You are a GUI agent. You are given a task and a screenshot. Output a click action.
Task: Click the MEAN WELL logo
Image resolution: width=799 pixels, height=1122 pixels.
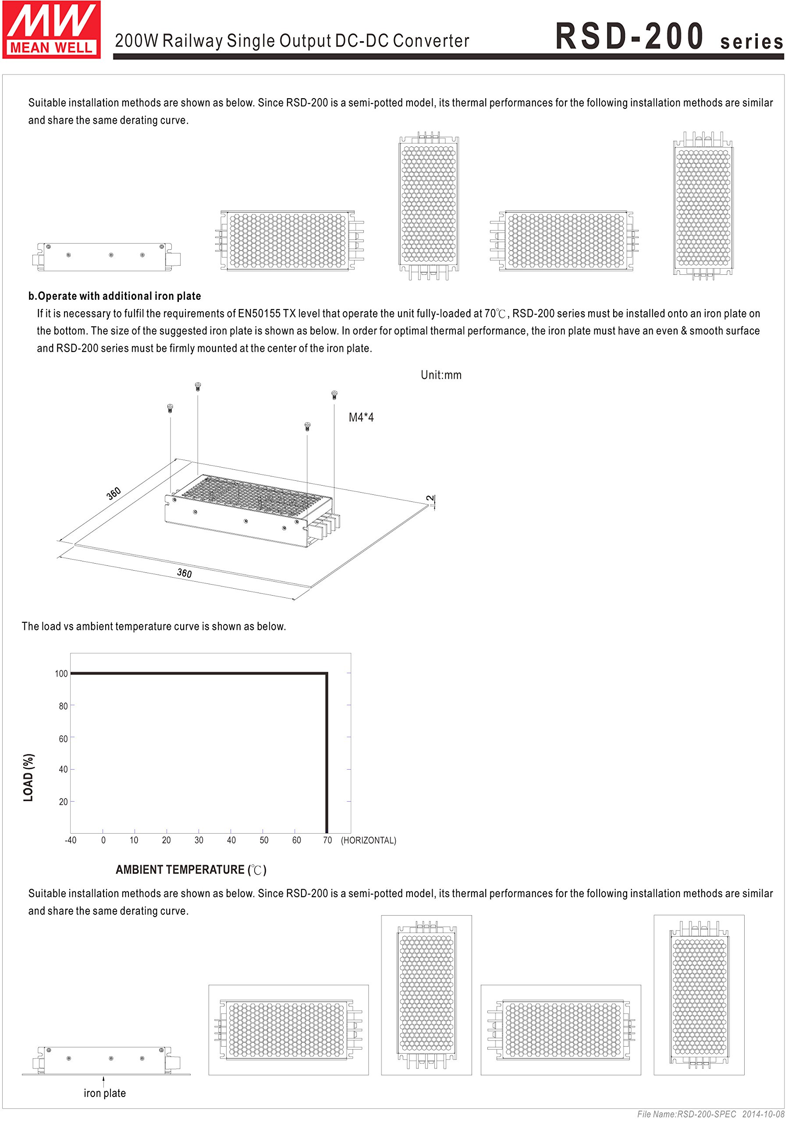[52, 30]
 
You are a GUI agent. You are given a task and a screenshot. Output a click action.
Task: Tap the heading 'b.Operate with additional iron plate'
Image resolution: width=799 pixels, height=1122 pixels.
[116, 300]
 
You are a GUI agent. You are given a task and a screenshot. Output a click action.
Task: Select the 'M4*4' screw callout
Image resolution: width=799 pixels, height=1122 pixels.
[366, 423]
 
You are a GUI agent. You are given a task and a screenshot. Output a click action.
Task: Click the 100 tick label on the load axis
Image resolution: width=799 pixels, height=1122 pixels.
[62, 683]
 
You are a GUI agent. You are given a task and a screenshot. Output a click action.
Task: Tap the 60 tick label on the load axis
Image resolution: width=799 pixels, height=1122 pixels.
[64, 749]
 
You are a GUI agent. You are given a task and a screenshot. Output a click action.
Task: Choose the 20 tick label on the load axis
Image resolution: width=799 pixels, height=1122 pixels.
[64, 813]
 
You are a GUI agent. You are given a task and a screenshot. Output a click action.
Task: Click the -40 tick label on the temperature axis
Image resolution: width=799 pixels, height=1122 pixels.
[71, 852]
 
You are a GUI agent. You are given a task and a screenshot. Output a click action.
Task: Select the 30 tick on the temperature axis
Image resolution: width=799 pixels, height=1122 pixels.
[202, 852]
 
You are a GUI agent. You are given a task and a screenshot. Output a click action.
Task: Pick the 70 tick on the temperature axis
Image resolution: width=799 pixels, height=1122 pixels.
[333, 852]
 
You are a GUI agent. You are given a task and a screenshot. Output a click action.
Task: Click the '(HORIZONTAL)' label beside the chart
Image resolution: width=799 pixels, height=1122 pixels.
[374, 852]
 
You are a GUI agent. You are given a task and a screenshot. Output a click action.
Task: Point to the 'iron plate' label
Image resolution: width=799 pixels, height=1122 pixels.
[106, 1109]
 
